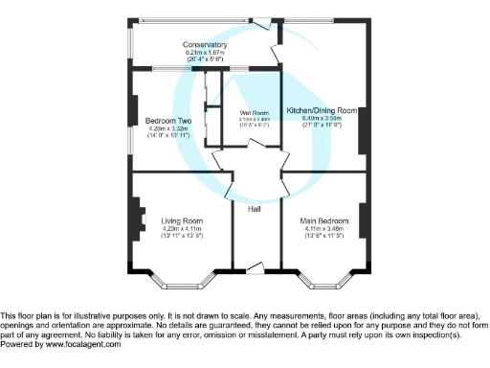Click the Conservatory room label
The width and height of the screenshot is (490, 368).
(x=206, y=45)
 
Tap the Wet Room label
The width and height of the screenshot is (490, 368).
(x=254, y=113)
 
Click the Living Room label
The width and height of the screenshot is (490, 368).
(x=181, y=220)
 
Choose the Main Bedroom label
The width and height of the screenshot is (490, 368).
(x=323, y=220)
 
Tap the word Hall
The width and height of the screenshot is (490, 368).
(x=255, y=209)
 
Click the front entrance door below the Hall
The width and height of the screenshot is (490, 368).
(x=253, y=265)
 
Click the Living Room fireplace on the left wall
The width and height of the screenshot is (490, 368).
(x=137, y=220)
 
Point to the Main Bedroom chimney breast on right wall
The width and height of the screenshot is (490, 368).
(x=362, y=220)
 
